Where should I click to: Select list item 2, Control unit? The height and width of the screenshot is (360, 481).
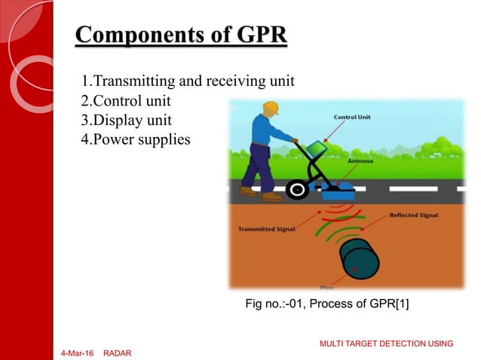pos(126,100)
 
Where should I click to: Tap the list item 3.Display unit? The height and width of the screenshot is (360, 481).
pos(126,120)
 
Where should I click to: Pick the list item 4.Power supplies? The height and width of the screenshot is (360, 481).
pos(136,139)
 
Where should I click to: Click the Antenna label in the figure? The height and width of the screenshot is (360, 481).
pos(359,160)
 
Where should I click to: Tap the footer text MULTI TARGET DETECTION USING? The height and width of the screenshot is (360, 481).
pos(386,343)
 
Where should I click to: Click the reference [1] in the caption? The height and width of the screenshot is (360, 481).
pos(400,304)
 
